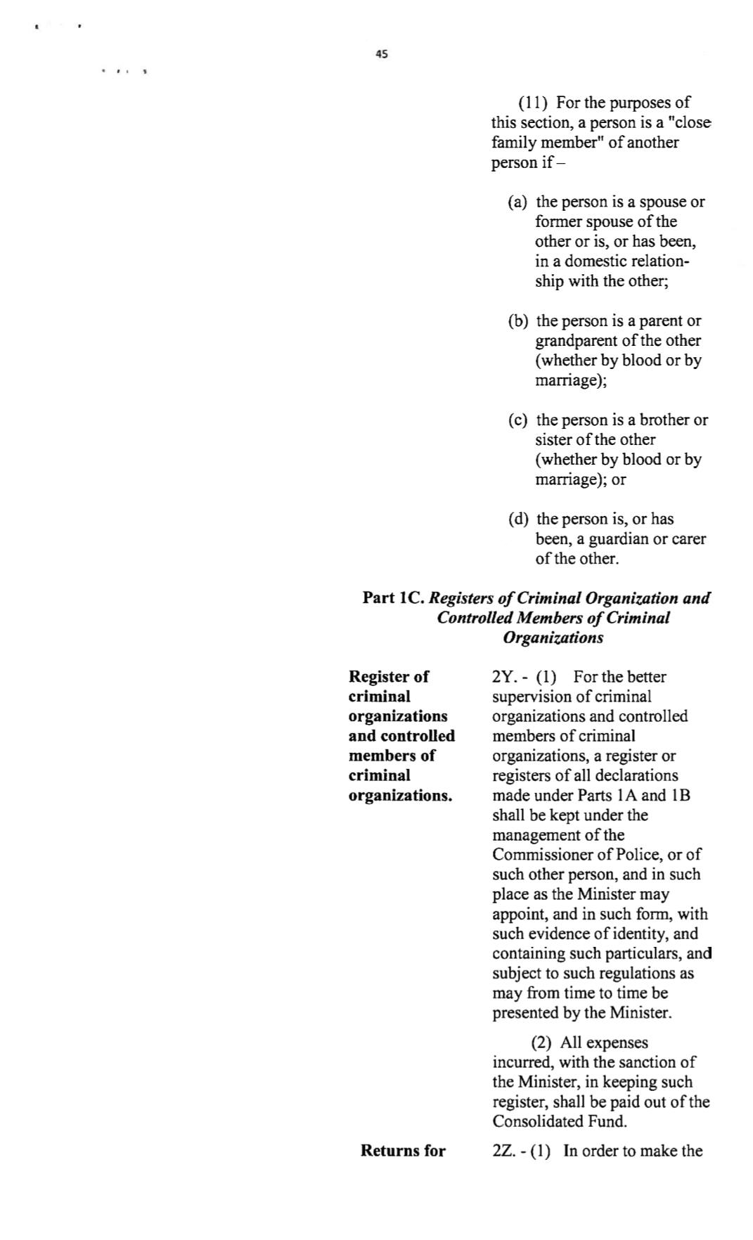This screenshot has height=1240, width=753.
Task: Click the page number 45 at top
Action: (382, 54)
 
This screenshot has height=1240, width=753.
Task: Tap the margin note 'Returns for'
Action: (403, 1151)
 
